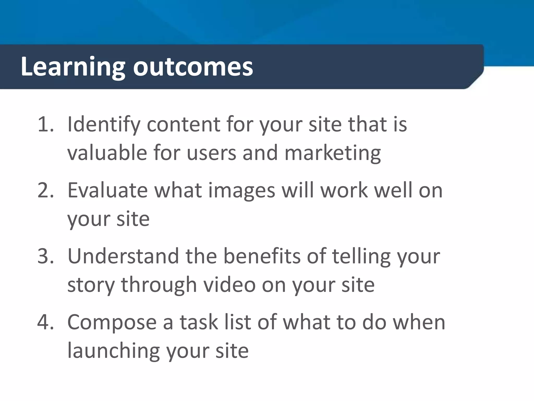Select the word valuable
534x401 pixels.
107,153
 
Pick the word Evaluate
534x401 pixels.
107,190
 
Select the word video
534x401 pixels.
229,285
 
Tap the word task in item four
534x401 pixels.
198,322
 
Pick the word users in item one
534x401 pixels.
211,153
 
